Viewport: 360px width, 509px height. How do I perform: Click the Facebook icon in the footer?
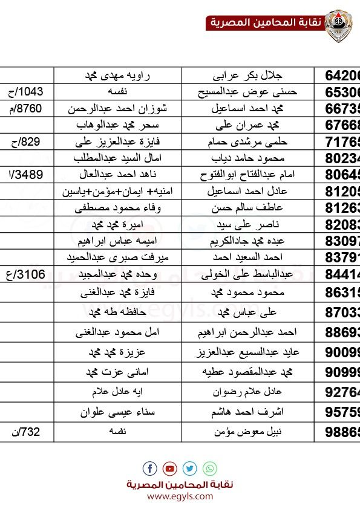[x=150, y=468]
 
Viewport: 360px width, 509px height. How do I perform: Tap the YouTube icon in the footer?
[x=170, y=468]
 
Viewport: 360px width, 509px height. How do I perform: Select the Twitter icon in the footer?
[x=190, y=468]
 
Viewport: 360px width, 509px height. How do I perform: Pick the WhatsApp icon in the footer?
[x=210, y=468]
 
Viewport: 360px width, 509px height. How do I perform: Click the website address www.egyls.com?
[x=180, y=496]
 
